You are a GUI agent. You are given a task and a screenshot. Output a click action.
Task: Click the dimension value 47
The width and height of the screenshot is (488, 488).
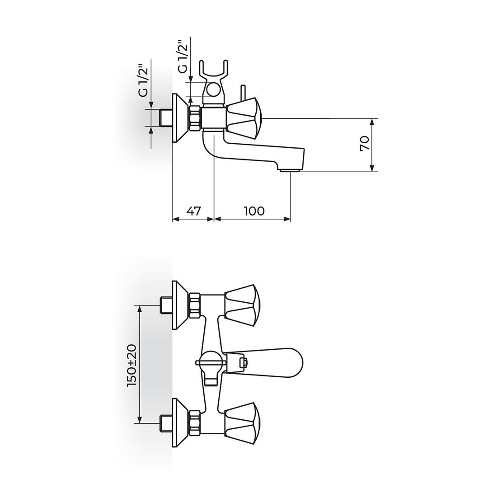[193, 211]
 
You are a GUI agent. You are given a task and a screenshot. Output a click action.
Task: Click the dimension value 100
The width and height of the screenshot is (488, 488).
[254, 211]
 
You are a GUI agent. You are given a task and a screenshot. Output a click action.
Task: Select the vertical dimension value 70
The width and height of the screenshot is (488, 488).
[365, 144]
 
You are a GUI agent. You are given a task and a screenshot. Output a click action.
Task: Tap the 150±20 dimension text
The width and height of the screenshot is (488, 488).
[131, 365]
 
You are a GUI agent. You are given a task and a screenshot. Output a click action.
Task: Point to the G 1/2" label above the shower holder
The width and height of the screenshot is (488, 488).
[183, 56]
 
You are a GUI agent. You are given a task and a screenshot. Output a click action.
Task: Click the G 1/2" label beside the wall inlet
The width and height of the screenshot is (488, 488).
[144, 80]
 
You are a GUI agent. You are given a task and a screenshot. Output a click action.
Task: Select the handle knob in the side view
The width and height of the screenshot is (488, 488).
[244, 118]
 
